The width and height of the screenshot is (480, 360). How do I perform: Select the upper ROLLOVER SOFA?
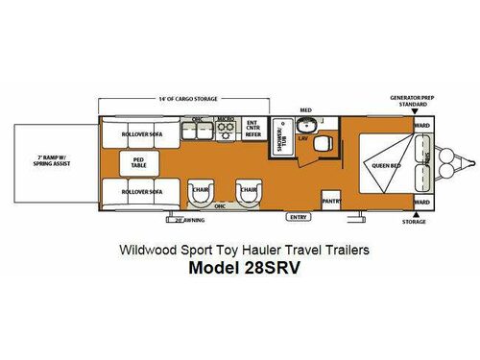(x=142, y=134)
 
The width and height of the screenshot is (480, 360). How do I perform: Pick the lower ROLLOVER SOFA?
(x=142, y=192)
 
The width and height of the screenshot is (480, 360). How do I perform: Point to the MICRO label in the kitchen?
(x=226, y=120)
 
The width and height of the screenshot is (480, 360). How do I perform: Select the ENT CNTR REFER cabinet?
(x=253, y=129)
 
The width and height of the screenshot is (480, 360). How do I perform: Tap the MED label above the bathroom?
(x=306, y=109)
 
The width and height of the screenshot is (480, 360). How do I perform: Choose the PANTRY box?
(x=331, y=201)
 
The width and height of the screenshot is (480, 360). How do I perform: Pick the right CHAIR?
(x=249, y=190)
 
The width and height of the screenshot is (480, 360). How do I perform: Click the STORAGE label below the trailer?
(x=415, y=222)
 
